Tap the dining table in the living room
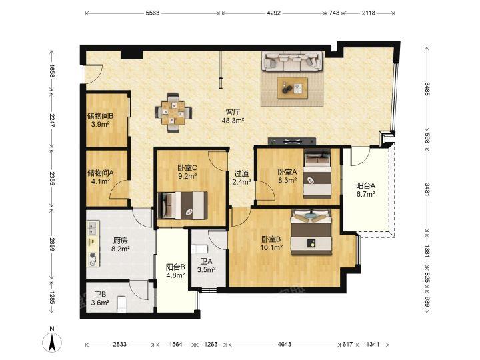point(173,113)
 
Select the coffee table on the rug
point(293,88)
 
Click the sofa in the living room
point(293,61)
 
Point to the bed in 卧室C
point(183,205)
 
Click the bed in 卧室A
point(317,173)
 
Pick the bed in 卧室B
point(311,233)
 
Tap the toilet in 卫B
point(121,304)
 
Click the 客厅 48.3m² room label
point(233,116)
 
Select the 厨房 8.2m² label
point(120,245)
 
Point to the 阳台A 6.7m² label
point(365,190)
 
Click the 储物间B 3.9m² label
point(101,120)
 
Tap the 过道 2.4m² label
point(241,178)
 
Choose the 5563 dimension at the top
point(153,13)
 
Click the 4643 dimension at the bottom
point(285,345)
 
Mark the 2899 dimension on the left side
point(52,244)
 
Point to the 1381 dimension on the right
point(427,249)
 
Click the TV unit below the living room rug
point(292,141)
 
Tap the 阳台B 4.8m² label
point(175,271)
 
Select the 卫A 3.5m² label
point(206,265)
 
